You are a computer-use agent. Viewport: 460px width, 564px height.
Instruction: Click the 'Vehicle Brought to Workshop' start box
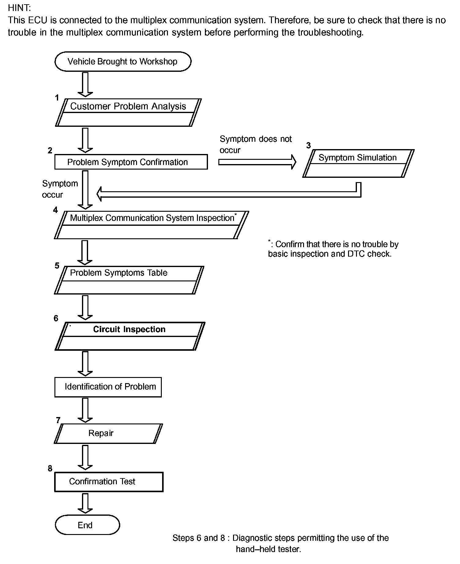coord(123,61)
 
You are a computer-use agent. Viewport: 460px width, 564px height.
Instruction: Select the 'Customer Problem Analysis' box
coord(128,112)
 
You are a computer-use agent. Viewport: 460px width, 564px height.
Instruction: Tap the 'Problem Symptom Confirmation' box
coord(131,162)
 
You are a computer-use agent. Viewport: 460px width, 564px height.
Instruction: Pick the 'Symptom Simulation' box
coord(358,163)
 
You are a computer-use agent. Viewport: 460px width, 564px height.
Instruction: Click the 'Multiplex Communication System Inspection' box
coord(151,225)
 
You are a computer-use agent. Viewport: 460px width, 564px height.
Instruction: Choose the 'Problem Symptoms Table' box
coord(129,280)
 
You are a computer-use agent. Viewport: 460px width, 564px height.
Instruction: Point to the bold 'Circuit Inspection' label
coord(129,329)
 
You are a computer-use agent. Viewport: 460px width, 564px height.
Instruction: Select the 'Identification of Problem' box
coord(108,387)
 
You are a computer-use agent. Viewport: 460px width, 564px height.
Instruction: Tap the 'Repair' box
coord(108,434)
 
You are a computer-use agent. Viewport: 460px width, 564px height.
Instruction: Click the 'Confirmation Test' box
coord(109,482)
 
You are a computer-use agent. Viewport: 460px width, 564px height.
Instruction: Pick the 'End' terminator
coord(87,525)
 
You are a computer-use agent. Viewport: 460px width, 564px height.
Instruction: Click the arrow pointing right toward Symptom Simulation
coord(258,162)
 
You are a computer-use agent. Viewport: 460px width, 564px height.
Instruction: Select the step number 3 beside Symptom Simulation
coord(308,145)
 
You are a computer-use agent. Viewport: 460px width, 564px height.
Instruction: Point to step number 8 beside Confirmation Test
coord(50,468)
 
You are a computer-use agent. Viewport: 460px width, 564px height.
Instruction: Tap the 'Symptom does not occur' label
coord(256,145)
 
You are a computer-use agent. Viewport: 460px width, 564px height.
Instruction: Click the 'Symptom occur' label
coord(60,189)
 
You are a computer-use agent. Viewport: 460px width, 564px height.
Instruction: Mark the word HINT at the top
coord(19,8)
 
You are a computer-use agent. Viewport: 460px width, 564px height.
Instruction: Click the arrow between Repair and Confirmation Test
coord(85,457)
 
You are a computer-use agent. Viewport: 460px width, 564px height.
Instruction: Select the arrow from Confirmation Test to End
coord(85,503)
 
